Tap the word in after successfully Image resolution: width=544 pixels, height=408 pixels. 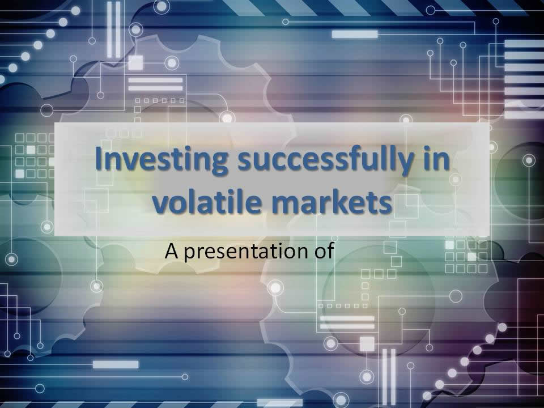438,160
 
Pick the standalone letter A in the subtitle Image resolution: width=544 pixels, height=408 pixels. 172,250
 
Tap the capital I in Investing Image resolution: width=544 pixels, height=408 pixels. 100,159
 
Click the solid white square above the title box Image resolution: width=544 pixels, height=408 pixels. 135,62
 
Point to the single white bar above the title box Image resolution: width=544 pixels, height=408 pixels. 354,35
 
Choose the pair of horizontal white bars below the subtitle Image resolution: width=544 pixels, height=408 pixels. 347,322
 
